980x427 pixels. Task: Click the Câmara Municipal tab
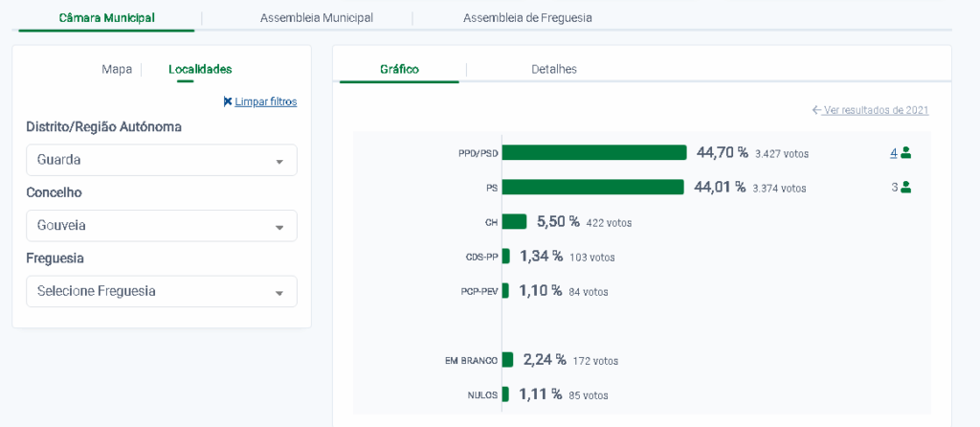click(x=106, y=18)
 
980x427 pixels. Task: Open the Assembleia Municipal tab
click(x=316, y=18)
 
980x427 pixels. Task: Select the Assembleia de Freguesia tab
click(x=527, y=18)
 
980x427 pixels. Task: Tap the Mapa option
click(x=117, y=69)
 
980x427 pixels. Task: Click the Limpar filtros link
click(x=260, y=101)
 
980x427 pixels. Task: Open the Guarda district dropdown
click(x=161, y=160)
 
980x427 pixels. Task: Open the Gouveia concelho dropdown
click(x=161, y=226)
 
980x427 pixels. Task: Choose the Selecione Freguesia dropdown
click(x=161, y=291)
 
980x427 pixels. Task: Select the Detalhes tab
click(x=554, y=69)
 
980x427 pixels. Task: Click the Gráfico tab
click(x=399, y=69)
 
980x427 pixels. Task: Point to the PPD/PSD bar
click(x=594, y=152)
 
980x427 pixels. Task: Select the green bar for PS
click(x=592, y=188)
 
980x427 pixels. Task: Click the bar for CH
click(x=514, y=222)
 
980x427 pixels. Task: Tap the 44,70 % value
click(x=722, y=152)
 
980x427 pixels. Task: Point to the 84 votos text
click(x=589, y=292)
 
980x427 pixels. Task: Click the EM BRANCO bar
click(x=507, y=360)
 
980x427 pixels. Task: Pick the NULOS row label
click(x=482, y=394)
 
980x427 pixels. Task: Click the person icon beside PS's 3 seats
click(x=905, y=188)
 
